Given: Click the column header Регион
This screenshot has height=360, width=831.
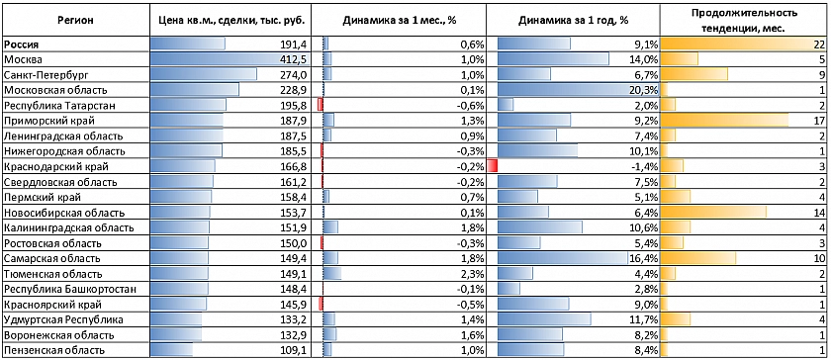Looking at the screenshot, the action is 76,21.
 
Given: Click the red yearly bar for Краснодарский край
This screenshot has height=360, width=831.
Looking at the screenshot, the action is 492,166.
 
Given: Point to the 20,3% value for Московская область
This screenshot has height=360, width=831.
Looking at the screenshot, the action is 643,90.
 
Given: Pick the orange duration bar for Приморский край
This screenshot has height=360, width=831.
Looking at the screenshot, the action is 724,120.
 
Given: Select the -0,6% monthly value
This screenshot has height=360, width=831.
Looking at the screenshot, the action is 472,105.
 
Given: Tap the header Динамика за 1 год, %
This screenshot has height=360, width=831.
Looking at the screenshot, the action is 573,21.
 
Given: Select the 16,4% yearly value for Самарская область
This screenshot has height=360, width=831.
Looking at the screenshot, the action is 643,259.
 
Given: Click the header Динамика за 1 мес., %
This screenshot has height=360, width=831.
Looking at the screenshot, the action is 400,21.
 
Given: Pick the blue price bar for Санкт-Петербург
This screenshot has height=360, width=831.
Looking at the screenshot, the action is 204,74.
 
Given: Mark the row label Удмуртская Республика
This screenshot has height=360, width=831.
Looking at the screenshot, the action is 63,319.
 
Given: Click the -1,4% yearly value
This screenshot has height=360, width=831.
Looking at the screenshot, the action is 644,166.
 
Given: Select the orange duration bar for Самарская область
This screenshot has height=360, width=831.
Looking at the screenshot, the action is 698,258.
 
